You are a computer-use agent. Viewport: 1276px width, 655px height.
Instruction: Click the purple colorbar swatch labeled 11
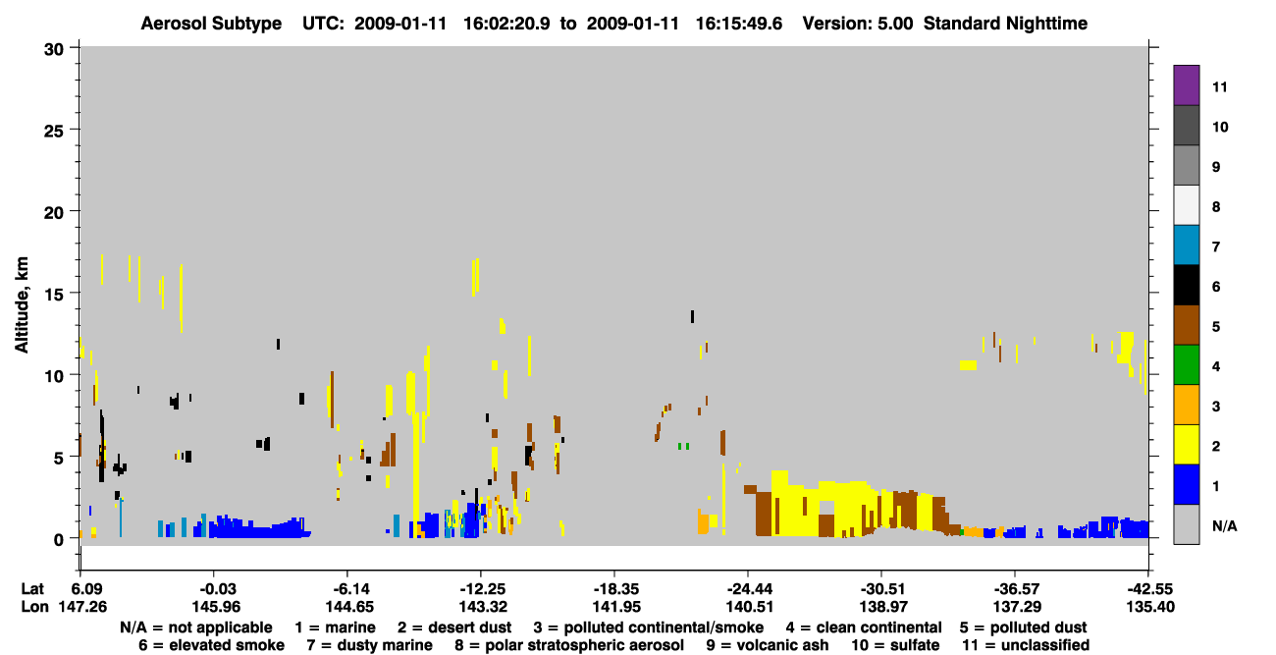[1186, 84]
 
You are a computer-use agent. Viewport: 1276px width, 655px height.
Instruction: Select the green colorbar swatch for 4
[1186, 365]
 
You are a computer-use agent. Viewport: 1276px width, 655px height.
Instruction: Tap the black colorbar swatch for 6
[1186, 285]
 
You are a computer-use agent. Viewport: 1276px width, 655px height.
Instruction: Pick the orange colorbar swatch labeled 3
[1186, 405]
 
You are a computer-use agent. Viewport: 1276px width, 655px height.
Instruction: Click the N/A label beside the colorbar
[1224, 525]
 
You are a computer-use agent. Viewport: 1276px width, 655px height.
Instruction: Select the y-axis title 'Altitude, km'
[22, 305]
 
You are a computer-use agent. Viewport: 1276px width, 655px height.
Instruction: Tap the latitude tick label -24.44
[749, 589]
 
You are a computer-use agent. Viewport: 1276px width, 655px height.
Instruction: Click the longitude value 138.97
[883, 607]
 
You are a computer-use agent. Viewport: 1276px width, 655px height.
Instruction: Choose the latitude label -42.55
[1149, 589]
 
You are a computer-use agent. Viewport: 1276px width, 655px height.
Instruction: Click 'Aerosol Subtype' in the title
[211, 24]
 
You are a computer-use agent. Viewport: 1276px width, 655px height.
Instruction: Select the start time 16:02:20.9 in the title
[506, 24]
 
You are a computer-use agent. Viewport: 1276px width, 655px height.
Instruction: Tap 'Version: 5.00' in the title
[858, 24]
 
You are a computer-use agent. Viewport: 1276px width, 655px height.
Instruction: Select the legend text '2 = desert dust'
[454, 628]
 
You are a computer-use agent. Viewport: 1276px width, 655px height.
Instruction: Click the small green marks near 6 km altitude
[683, 446]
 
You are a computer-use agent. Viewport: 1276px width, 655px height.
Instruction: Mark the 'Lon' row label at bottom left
[34, 607]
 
